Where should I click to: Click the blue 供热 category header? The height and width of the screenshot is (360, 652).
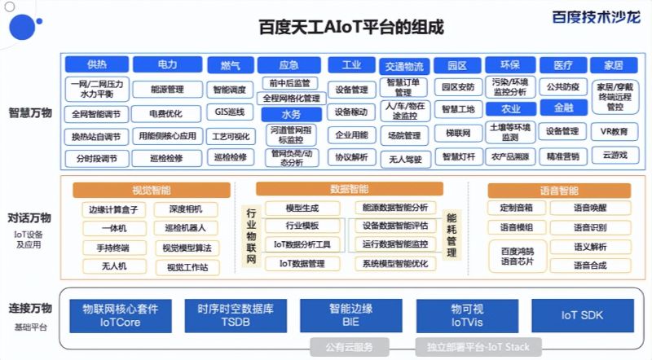pyautogui.click(x=96, y=64)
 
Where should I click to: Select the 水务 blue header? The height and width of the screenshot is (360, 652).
pyautogui.click(x=289, y=115)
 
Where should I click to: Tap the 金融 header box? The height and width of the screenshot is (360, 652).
pyautogui.click(x=563, y=107)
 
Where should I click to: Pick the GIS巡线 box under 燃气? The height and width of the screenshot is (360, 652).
pyautogui.click(x=230, y=112)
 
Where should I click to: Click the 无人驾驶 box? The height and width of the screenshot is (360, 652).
pyautogui.click(x=405, y=158)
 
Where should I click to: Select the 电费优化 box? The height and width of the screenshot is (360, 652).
pyautogui.click(x=166, y=112)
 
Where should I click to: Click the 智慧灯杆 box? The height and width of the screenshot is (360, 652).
pyautogui.click(x=459, y=156)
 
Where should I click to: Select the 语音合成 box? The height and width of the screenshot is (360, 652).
pyautogui.click(x=588, y=265)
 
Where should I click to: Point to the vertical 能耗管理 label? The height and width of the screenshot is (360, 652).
pyautogui.click(x=451, y=235)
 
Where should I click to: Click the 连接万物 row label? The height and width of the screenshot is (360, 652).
pyautogui.click(x=30, y=309)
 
